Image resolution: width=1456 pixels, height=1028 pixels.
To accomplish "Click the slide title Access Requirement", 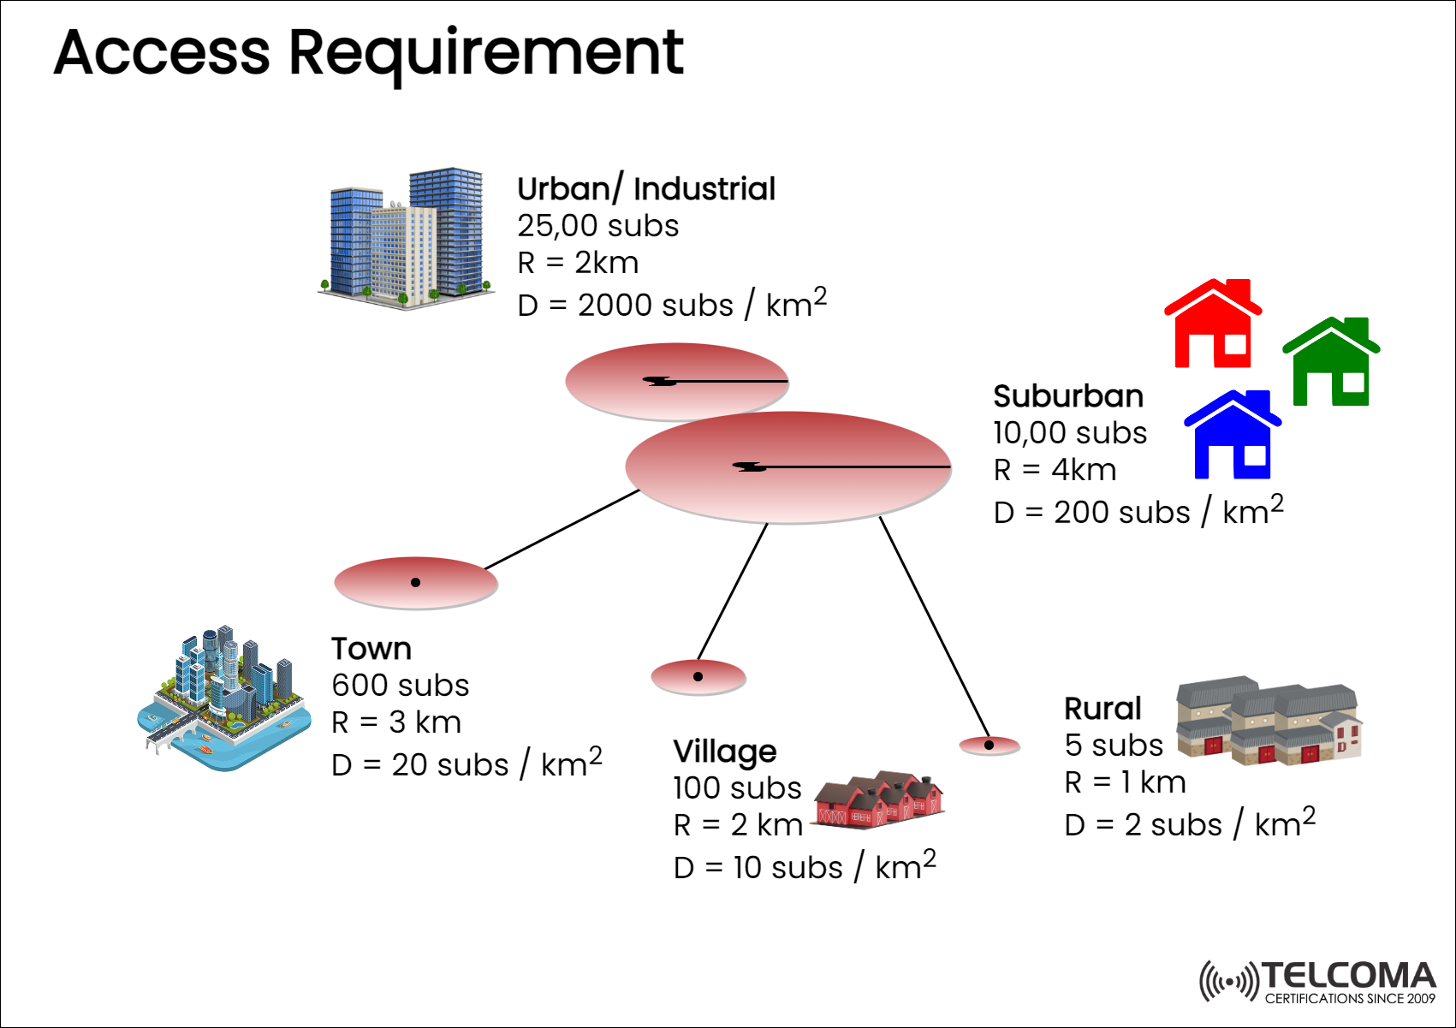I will pos(368,53).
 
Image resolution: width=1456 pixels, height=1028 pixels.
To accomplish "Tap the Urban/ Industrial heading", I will pos(646,189).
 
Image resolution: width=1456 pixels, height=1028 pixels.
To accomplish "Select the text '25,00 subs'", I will pos(597,226).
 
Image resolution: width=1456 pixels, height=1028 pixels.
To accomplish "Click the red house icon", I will pos(1213,324).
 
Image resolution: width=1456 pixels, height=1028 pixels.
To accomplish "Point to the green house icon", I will pos(1331,362).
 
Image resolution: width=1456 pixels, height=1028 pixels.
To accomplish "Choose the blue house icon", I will pos(1233,435).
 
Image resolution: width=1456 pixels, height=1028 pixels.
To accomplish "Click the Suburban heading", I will pos(1068,396).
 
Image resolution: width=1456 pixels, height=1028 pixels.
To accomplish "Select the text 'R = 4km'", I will pos(1055,470).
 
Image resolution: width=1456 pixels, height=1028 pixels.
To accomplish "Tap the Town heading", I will pos(371,649).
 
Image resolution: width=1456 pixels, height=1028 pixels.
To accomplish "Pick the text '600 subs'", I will pos(401,686).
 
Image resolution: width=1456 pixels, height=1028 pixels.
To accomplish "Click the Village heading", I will pos(725,752).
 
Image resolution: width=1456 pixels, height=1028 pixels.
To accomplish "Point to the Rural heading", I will pos(1102,709).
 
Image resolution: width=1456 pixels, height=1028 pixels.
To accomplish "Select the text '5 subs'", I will pos(1114,746).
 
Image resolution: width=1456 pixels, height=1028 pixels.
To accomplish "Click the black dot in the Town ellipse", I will pos(415,582).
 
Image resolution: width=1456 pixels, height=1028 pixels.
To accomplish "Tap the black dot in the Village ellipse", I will pos(698,676).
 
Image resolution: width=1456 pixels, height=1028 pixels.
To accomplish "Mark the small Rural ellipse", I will pos(989,746).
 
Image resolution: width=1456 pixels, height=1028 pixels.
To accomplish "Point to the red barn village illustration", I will pos(878,798).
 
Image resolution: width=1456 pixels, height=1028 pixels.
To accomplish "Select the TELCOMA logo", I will pos(1318,981).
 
